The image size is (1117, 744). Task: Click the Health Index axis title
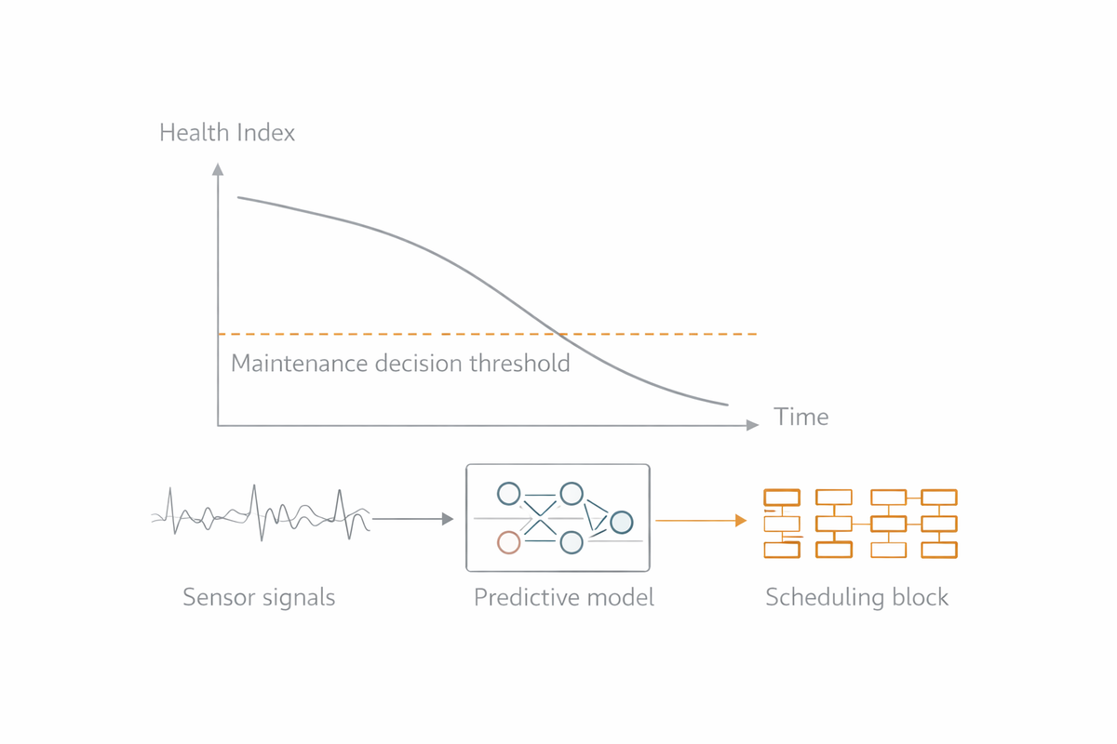pyautogui.click(x=227, y=133)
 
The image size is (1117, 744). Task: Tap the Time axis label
pyautogui.click(x=801, y=417)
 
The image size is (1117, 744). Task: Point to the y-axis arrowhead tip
pyautogui.click(x=218, y=166)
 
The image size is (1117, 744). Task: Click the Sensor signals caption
pyautogui.click(x=259, y=597)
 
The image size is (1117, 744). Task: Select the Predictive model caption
pyautogui.click(x=564, y=597)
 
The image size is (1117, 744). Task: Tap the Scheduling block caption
pyautogui.click(x=856, y=597)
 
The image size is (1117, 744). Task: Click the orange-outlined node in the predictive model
pyautogui.click(x=508, y=541)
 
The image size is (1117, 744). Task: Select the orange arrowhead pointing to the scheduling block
pyautogui.click(x=741, y=521)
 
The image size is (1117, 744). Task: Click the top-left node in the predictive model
pyautogui.click(x=508, y=493)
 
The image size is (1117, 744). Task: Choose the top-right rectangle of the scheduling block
pyautogui.click(x=938, y=498)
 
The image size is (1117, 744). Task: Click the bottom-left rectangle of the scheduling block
pyautogui.click(x=782, y=550)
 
